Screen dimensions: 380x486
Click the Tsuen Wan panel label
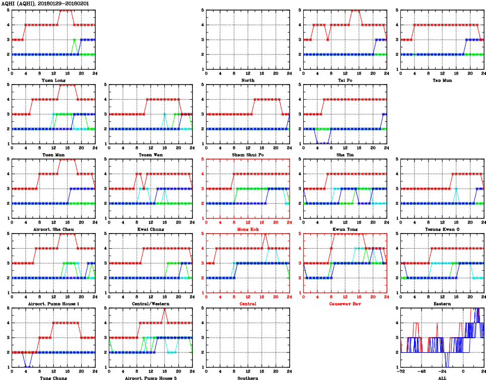point(150,155)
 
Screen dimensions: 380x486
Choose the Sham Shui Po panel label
point(248,155)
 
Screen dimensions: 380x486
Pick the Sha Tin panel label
point(345,155)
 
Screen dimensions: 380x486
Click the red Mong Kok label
point(248,230)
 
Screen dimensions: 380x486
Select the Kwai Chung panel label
point(150,230)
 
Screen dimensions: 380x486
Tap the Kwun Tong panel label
point(345,230)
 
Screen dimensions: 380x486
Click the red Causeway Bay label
point(345,304)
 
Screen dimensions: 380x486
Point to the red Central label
point(248,304)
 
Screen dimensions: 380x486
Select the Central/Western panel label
point(150,304)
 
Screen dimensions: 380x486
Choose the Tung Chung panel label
point(53,377)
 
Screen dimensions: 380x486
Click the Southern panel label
point(248,377)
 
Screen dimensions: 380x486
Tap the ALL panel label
point(442,377)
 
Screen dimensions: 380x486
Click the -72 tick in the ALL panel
point(401,371)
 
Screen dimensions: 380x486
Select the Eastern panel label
point(442,304)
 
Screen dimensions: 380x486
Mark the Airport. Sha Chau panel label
point(53,230)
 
